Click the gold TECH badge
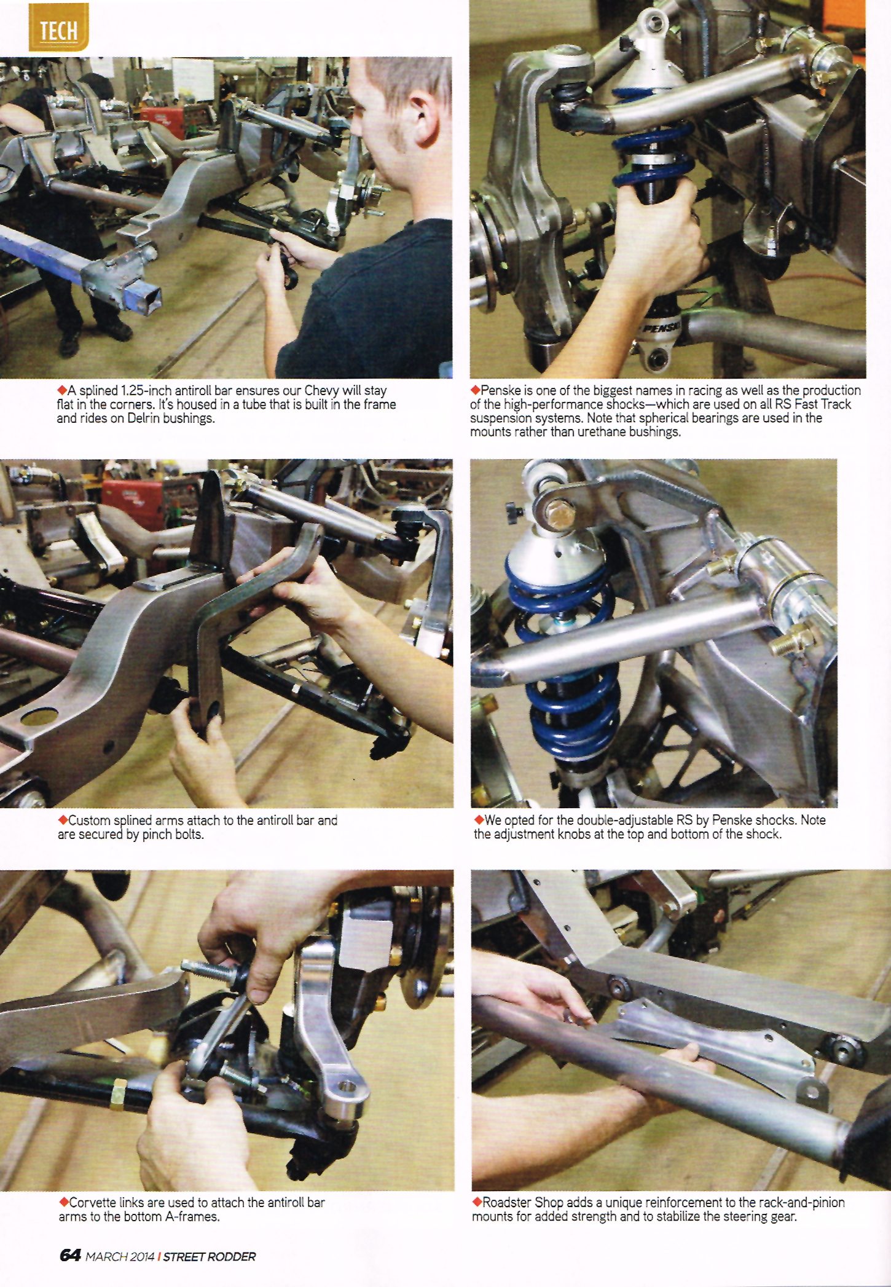(x=58, y=27)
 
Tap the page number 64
(x=70, y=1254)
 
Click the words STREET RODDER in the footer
(x=210, y=1256)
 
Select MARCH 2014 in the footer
(x=120, y=1256)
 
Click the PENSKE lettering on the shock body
(x=661, y=326)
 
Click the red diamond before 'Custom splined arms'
(x=62, y=820)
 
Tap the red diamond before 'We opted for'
(x=479, y=820)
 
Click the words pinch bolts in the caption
(x=173, y=835)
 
